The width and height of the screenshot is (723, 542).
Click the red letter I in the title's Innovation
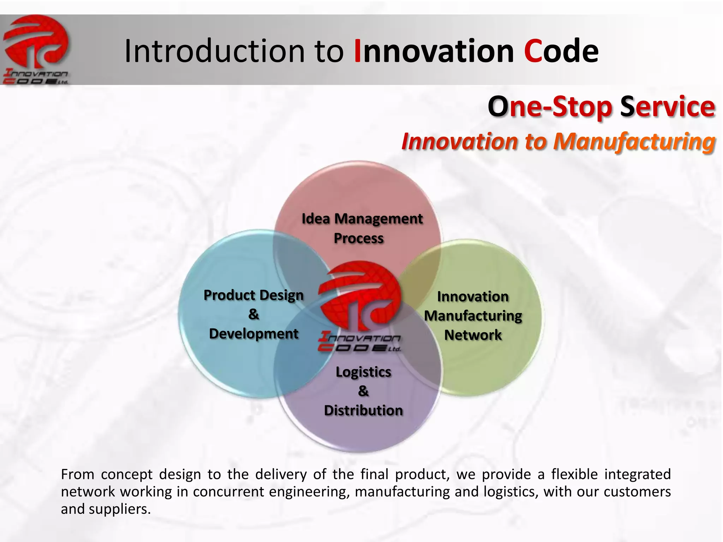(357, 52)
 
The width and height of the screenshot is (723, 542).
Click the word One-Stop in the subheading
(549, 107)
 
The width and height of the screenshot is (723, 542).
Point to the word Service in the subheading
(667, 107)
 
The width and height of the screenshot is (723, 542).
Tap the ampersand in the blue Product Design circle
(253, 314)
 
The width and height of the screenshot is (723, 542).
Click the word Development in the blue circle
(253, 333)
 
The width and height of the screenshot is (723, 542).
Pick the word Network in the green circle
(473, 335)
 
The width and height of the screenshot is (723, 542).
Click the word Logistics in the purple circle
(363, 372)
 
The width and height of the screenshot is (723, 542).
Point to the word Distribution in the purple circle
(363, 410)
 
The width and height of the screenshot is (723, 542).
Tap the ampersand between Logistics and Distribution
(363, 391)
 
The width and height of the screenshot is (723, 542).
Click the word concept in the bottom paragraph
(126, 475)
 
